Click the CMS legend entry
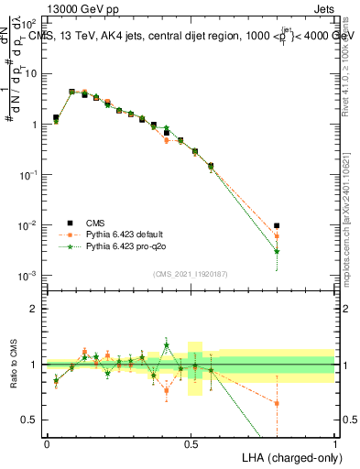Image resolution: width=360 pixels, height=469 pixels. pos(96,223)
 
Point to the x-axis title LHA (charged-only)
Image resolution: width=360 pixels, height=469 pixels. pos(290,456)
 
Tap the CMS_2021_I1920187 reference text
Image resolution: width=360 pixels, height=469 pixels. pos(190,274)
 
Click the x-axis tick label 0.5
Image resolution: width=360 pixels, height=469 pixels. pos(191,443)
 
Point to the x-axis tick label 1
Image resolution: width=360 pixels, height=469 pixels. pos(335,443)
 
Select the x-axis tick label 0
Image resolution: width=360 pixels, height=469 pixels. pos(47,443)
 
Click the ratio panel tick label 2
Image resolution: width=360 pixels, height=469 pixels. pos(35,309)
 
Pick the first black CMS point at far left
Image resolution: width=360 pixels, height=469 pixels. pos(56,117)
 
